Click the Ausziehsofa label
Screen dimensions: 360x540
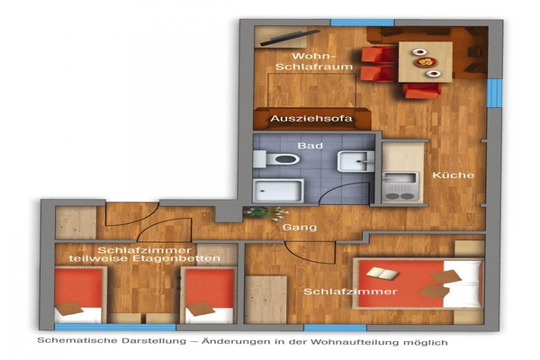tap(310, 119)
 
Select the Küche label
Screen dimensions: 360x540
tap(448, 175)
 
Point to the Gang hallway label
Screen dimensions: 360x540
tap(300, 228)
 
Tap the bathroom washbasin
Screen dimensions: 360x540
tap(355, 162)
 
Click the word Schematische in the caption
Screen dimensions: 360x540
tap(75, 342)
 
